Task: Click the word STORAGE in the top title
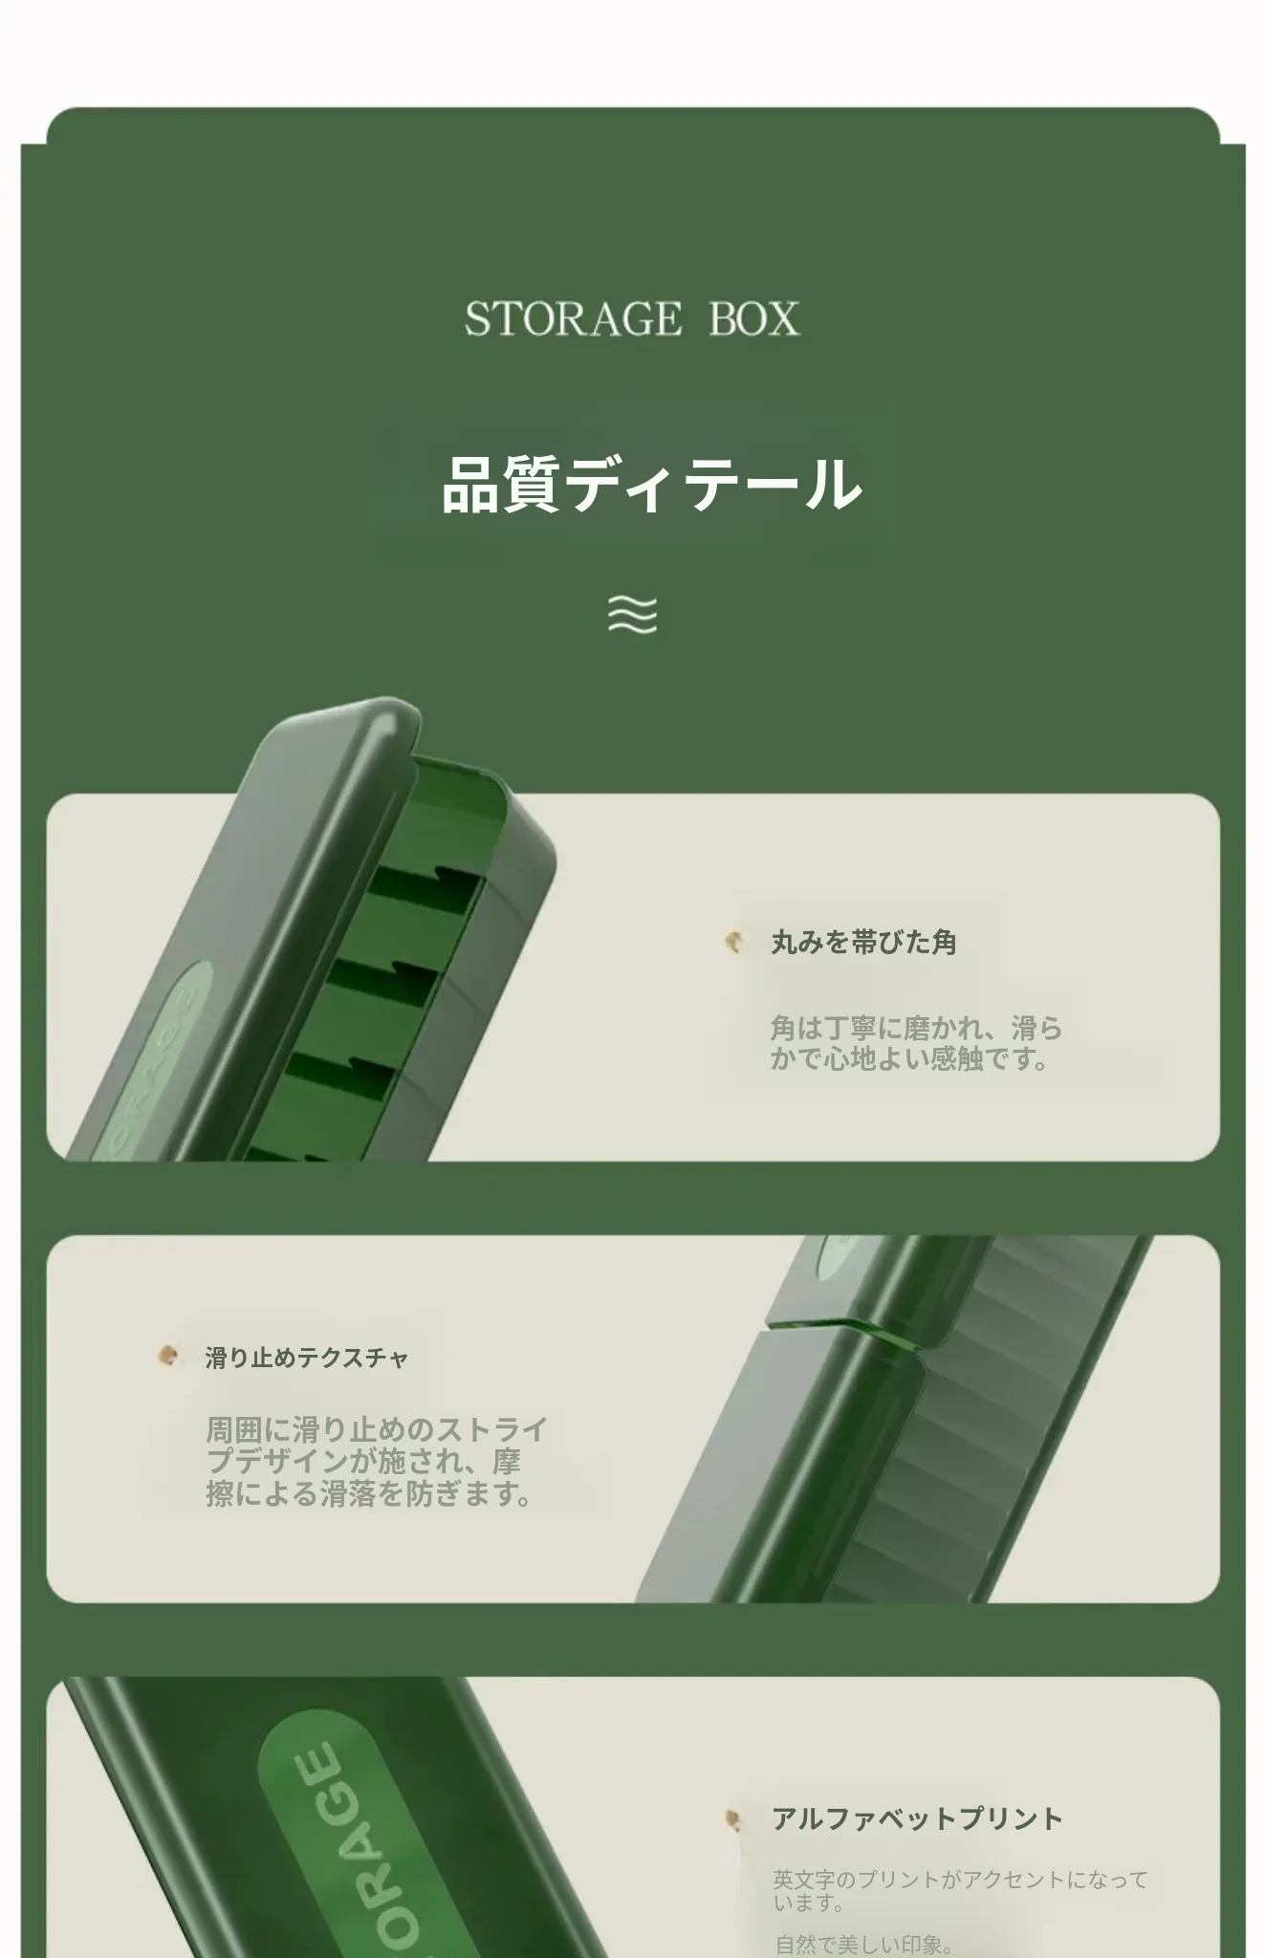574,318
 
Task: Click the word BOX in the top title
754,318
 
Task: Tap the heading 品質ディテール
652,484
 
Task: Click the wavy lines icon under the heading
633,615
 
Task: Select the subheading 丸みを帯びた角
863,943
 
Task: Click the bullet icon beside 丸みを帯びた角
733,942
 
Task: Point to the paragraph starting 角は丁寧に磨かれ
917,1044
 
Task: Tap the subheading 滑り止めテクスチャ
307,1358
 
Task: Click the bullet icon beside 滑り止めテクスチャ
168,1356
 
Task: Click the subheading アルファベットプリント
917,1818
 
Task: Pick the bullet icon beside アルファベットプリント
733,1818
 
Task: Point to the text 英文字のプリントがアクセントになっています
960,1891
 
